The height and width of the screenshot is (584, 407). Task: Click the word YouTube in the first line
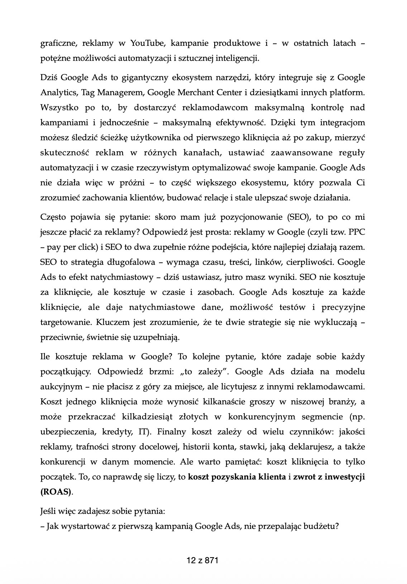147,43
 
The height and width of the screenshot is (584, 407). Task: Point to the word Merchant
194,93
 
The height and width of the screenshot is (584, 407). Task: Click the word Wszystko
58,108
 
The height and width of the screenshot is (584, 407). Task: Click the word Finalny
174,432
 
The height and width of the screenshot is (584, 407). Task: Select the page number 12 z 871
202,561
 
